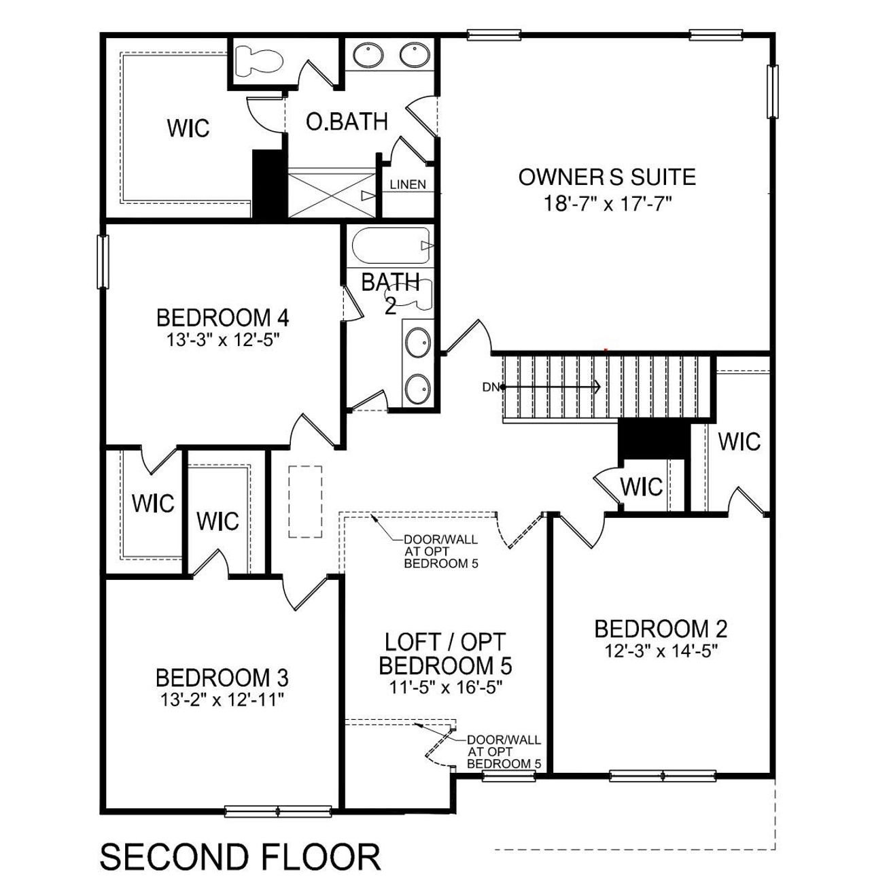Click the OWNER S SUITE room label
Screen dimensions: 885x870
607,177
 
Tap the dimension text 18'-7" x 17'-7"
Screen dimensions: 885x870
607,203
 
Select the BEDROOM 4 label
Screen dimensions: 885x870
223,317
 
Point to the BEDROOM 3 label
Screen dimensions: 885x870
222,678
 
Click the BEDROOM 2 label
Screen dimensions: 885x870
661,629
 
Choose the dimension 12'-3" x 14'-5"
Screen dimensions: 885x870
661,650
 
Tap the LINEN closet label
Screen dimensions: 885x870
408,184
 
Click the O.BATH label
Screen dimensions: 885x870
347,122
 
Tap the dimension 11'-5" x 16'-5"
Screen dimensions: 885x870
445,687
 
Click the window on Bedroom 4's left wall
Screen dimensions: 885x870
103,262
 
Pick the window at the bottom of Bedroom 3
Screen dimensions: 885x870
279,812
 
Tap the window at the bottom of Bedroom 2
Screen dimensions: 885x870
663,775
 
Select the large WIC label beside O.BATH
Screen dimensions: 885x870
188,128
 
